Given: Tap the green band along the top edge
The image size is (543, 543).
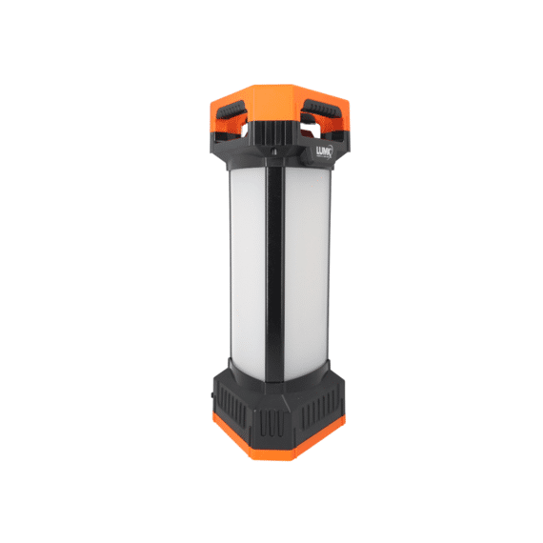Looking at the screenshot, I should tap(271, 33).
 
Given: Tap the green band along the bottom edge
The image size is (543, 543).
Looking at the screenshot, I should tap(271, 508).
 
